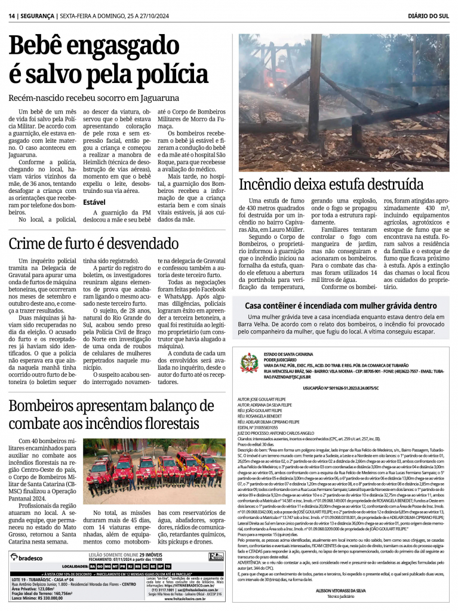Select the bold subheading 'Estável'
pyautogui.click(x=94, y=202)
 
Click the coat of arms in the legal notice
pyautogui.click(x=249, y=363)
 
